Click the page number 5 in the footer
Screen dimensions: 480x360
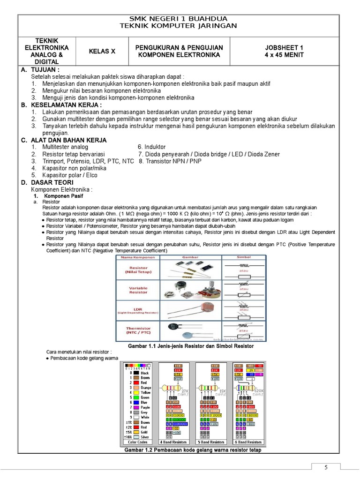click(327, 467)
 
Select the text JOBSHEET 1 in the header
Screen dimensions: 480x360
click(284, 48)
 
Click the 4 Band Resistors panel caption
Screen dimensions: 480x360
click(173, 442)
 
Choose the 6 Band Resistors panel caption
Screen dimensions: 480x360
click(248, 442)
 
